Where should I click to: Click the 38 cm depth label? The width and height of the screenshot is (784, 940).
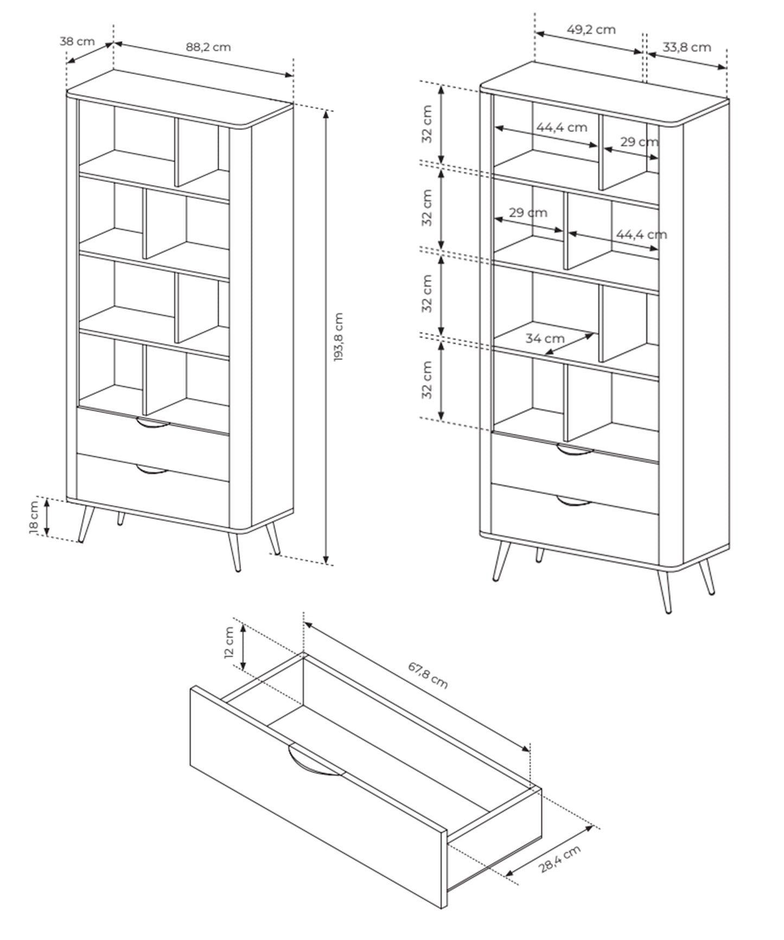click(x=77, y=41)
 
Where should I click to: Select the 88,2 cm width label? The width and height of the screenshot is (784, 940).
click(x=208, y=47)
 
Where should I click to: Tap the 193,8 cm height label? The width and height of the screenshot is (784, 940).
click(x=339, y=337)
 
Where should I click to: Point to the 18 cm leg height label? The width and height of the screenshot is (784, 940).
click(x=34, y=518)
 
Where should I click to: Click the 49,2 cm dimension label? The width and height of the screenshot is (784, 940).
click(x=591, y=29)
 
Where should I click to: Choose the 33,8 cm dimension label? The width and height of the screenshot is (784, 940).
click(x=686, y=47)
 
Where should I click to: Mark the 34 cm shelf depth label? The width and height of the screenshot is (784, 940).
click(x=545, y=338)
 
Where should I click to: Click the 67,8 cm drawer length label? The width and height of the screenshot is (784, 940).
click(x=428, y=675)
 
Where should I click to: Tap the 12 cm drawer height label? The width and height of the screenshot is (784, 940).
click(x=229, y=642)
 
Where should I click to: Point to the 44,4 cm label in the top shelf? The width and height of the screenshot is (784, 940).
click(x=562, y=127)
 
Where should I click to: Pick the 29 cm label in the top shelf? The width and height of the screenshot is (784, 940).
click(x=639, y=142)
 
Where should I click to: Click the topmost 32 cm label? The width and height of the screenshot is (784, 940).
click(x=428, y=124)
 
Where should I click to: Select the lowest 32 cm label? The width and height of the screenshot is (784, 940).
click(x=428, y=380)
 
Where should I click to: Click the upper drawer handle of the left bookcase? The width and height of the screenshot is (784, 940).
click(x=152, y=423)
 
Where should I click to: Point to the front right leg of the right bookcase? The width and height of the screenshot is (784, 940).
click(x=664, y=591)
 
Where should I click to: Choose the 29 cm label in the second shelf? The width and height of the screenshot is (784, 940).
click(x=528, y=213)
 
